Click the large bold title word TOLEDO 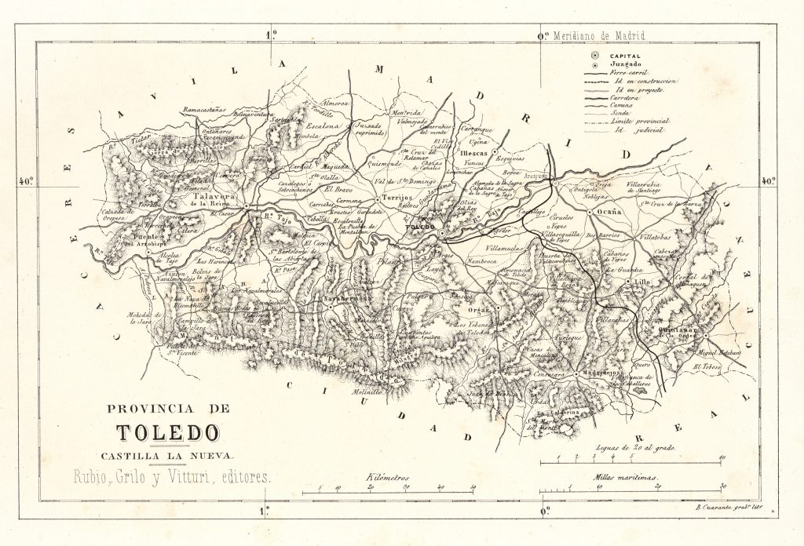(168, 433)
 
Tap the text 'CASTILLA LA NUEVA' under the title (167, 456)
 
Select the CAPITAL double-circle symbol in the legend (595, 56)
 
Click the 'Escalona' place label (322, 126)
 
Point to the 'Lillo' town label (642, 280)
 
